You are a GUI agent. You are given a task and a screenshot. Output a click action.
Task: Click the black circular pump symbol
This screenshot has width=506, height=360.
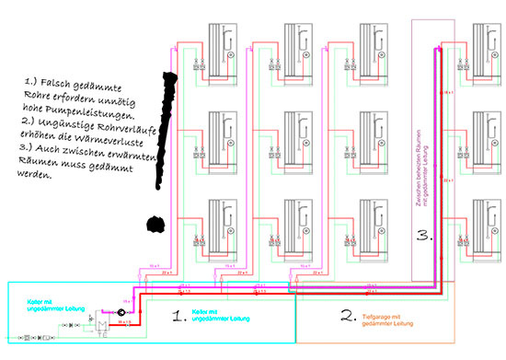coord(120,310)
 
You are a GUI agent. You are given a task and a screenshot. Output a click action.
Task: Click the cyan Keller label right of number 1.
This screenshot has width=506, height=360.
coord(227,318)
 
